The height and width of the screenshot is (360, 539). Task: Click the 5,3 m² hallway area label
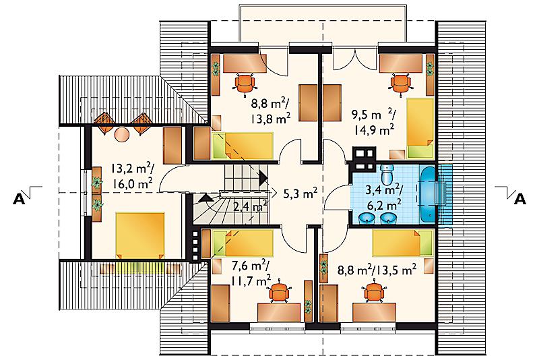300,193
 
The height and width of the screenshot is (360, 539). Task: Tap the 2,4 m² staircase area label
250,207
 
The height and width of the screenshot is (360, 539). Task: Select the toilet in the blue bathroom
387,174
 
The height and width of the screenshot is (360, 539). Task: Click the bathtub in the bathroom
426,194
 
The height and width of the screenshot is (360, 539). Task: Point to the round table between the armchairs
121,134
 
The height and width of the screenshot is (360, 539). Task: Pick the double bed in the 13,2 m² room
140,235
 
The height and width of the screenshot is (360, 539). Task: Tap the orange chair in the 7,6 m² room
280,292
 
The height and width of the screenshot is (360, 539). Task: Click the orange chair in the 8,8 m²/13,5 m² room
375,292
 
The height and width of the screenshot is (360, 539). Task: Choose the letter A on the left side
19,199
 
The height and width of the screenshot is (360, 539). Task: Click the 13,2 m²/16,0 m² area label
132,176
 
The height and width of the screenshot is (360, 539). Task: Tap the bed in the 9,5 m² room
420,126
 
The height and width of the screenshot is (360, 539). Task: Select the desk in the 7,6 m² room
279,312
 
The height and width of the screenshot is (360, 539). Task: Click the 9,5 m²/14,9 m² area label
373,122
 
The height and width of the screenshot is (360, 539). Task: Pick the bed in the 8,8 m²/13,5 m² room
402,243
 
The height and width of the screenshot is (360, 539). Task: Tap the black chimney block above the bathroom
364,159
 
